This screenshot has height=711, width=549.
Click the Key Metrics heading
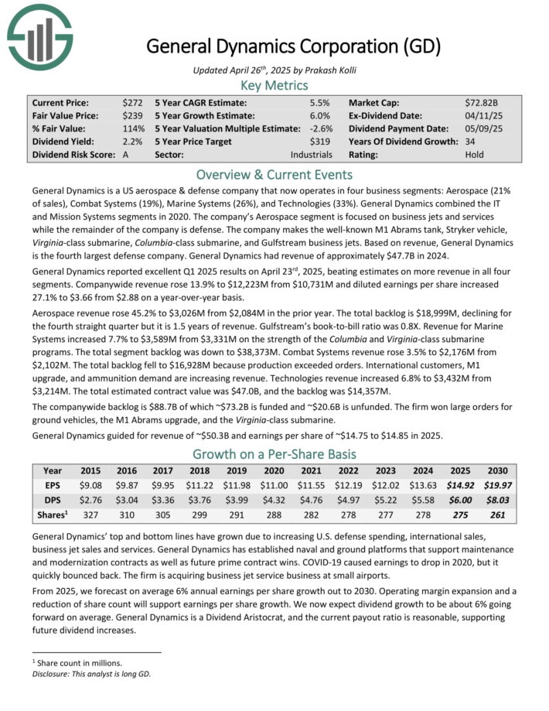(x=274, y=85)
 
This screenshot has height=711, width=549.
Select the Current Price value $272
(x=132, y=102)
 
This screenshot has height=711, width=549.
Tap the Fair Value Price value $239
(x=132, y=115)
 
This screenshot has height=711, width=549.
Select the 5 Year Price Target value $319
(x=319, y=142)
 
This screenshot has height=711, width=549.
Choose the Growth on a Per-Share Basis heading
(x=274, y=453)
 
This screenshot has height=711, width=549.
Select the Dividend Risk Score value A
(x=126, y=155)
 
